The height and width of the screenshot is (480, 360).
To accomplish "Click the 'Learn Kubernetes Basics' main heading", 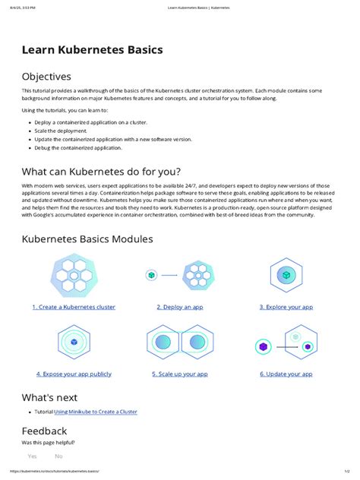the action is tap(92, 50).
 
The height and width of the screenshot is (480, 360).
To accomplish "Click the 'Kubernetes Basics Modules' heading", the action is tap(87, 238).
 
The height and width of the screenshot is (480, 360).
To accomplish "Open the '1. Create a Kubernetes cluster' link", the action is tap(74, 307).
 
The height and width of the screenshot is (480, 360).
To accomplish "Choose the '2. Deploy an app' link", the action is tap(180, 307).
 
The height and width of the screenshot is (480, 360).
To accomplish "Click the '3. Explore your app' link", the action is tap(286, 307).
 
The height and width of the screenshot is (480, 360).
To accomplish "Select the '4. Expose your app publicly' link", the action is tap(74, 374).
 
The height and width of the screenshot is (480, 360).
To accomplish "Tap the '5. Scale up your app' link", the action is tap(180, 374).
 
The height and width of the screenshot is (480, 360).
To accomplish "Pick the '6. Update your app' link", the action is tap(286, 374).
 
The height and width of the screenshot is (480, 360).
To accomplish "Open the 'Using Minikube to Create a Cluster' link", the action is tap(96, 412).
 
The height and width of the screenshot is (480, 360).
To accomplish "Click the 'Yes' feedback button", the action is tap(33, 456).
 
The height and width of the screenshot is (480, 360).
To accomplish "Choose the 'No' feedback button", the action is tap(58, 456).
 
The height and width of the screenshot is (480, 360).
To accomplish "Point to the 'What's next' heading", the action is tap(49, 397).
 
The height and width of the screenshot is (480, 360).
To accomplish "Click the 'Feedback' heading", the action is tap(45, 431).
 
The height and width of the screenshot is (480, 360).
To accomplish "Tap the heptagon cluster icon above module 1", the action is tap(74, 275).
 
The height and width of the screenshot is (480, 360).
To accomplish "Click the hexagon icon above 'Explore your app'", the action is tap(286, 275).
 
